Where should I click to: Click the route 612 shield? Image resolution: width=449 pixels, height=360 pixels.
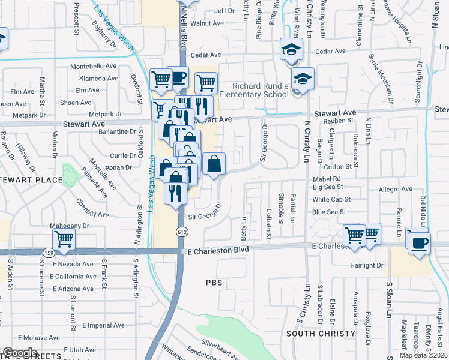pyautogui.click(x=180, y=232)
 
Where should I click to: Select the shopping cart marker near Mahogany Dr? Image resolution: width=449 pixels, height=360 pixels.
pyautogui.click(x=64, y=239)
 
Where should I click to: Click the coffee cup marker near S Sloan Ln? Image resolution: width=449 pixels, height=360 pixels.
pyautogui.click(x=418, y=242)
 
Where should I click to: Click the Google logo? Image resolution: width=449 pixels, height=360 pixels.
pyautogui.click(x=20, y=353)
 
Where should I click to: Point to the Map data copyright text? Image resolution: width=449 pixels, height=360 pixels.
pyautogui.click(x=423, y=355)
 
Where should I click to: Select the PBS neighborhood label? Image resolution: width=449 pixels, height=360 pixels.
pyautogui.click(x=214, y=282)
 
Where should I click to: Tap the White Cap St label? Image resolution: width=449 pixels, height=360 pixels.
pyautogui.click(x=333, y=199)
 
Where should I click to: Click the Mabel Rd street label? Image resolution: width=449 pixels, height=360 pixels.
pyautogui.click(x=326, y=179)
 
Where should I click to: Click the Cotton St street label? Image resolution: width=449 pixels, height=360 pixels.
pyautogui.click(x=337, y=167)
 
